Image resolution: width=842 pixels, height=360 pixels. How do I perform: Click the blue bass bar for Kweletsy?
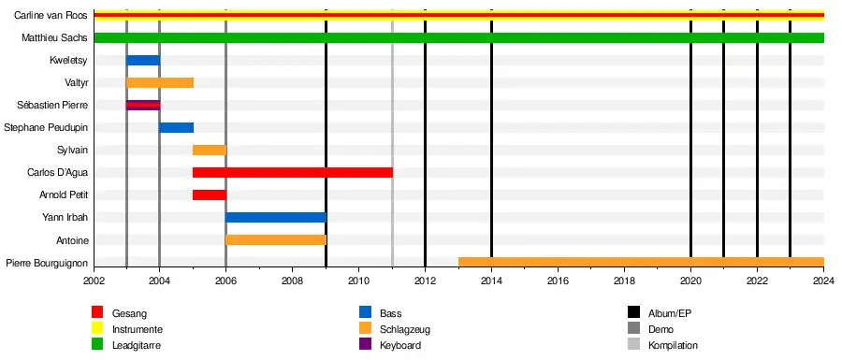click(143, 60)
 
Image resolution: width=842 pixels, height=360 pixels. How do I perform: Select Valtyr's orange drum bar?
click(159, 82)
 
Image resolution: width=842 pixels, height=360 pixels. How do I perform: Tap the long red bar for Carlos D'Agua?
click(293, 172)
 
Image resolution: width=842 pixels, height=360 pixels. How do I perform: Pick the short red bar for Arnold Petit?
click(210, 194)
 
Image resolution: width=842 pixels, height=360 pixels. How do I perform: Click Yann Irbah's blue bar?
click(276, 217)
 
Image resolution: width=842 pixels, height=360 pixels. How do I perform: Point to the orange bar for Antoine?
click(276, 239)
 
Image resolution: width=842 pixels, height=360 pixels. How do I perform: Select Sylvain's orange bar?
click(210, 150)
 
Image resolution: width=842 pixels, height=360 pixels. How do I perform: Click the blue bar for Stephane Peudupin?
click(176, 128)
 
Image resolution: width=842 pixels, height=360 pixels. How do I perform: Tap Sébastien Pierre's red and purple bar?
click(143, 105)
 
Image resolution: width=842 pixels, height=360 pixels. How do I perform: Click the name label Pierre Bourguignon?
click(46, 263)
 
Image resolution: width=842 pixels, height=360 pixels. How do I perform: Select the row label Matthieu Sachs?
click(54, 38)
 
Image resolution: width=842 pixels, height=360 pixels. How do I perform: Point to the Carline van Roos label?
click(51, 16)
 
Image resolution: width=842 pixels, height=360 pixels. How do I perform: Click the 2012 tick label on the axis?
click(426, 281)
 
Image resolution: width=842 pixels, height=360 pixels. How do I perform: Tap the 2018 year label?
click(625, 281)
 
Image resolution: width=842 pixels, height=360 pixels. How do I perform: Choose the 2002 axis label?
click(93, 281)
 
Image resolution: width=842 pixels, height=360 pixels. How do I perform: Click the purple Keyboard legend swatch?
click(366, 345)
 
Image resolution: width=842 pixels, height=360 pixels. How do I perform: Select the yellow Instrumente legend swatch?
click(97, 329)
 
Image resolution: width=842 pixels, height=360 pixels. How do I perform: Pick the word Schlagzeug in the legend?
click(405, 329)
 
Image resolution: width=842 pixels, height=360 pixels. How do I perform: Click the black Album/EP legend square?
click(633, 313)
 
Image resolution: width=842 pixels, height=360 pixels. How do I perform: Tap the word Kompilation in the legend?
click(674, 345)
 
